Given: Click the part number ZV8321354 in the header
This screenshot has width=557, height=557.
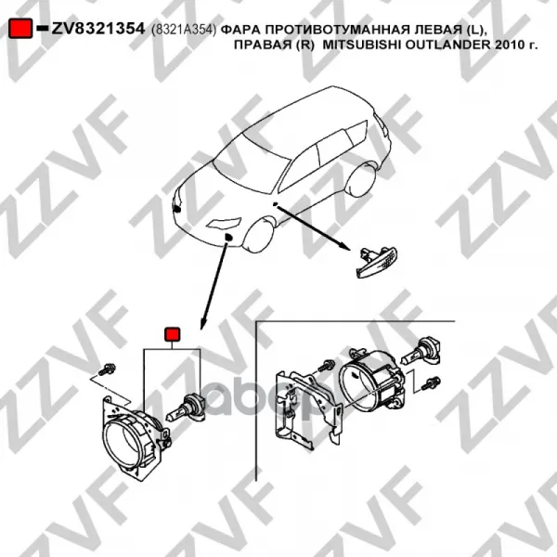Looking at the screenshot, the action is coord(98,29).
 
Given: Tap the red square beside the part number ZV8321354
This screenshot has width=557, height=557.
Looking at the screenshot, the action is coord(20,28).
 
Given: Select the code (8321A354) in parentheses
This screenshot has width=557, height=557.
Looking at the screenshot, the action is coord(184,31).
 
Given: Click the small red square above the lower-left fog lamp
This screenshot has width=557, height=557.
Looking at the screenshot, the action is coord(172,334).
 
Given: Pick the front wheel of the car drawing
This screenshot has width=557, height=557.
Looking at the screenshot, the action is coord(260,235).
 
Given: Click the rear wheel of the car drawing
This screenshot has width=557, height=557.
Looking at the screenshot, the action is coord(361,180).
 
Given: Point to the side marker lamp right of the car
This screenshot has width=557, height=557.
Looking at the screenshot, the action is coord(377,262).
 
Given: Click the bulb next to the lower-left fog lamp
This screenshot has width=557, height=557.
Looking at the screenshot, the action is coord(186,408).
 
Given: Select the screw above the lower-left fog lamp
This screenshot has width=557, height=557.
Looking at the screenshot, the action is coord(107,369).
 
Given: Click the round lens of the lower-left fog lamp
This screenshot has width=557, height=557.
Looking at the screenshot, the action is coord(123,440).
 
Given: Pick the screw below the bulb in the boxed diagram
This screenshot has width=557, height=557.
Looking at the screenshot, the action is coord(431,383).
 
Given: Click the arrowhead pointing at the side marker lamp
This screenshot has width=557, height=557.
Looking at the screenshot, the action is coord(344,246).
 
